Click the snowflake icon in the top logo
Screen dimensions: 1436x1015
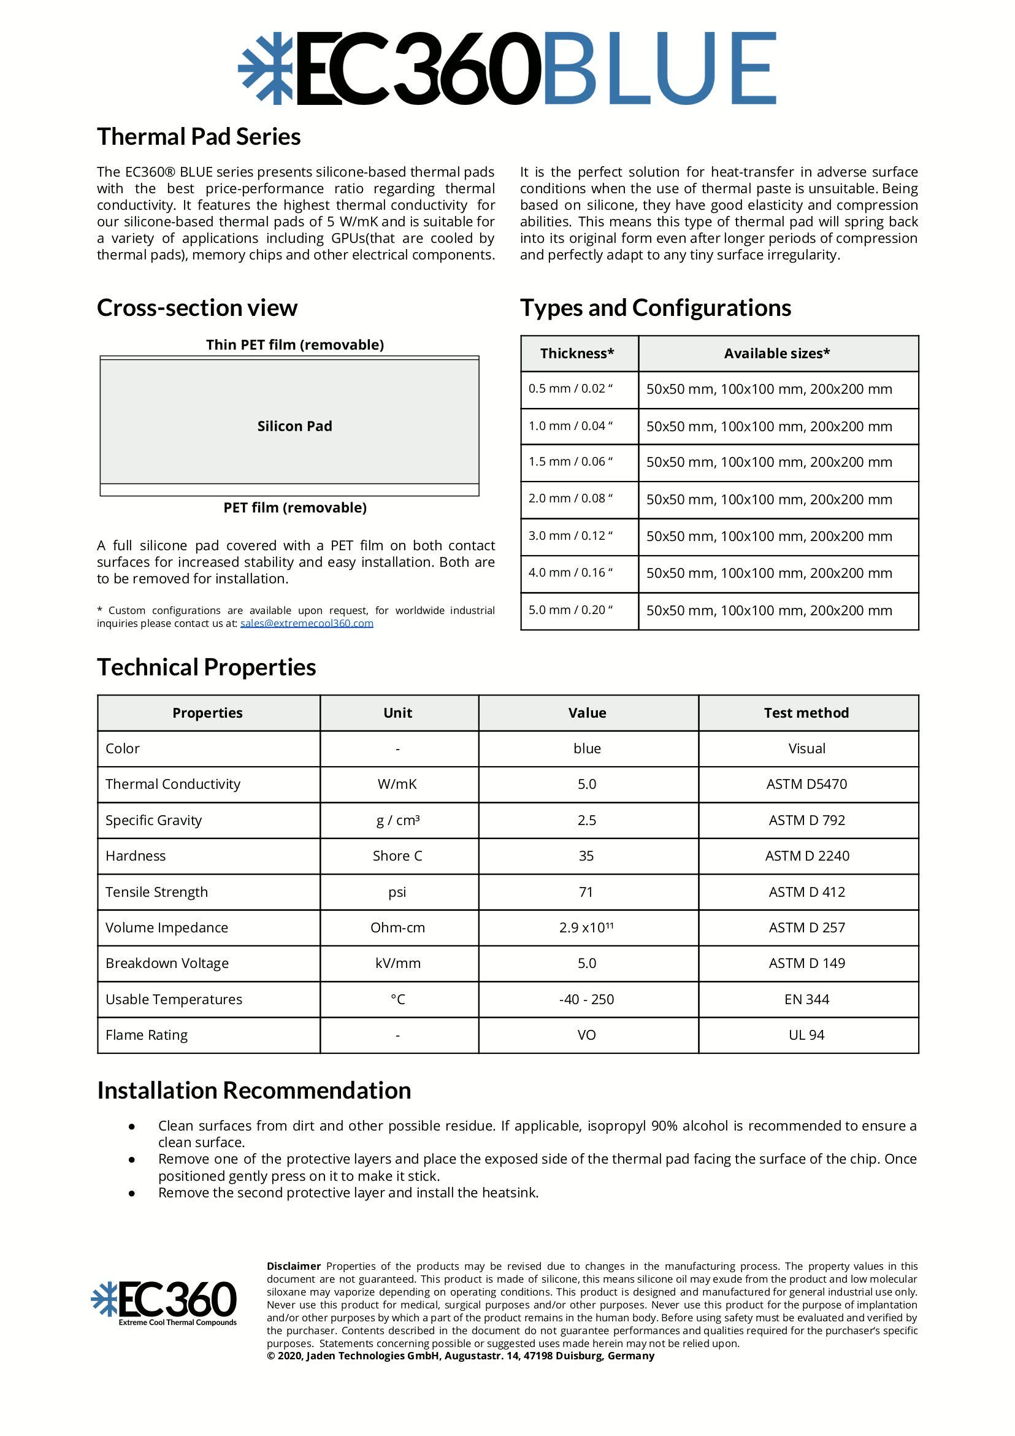click(x=265, y=68)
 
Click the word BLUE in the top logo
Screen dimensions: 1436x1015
click(x=660, y=68)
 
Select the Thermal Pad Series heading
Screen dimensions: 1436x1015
click(x=198, y=137)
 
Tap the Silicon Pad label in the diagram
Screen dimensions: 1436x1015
click(x=294, y=426)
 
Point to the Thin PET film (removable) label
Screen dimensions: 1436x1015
click(x=294, y=345)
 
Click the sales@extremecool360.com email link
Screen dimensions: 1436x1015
click(x=307, y=624)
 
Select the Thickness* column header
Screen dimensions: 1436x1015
click(x=577, y=354)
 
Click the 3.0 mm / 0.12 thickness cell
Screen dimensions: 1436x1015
click(x=570, y=536)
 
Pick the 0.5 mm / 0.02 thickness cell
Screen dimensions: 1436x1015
click(x=570, y=389)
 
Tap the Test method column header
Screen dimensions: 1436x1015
click(x=806, y=713)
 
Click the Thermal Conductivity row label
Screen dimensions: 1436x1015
click(x=172, y=785)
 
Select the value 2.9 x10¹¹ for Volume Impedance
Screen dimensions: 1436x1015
click(x=586, y=927)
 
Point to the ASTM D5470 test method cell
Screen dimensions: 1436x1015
click(x=806, y=785)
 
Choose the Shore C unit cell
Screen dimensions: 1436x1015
click(x=397, y=856)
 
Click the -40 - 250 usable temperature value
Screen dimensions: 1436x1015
click(x=586, y=999)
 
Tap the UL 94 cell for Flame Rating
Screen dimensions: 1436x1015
click(x=806, y=1035)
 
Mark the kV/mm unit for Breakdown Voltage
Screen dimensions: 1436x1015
click(x=398, y=963)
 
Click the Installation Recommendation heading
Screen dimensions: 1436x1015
click(x=254, y=1091)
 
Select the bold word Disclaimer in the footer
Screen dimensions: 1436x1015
click(x=293, y=1267)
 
